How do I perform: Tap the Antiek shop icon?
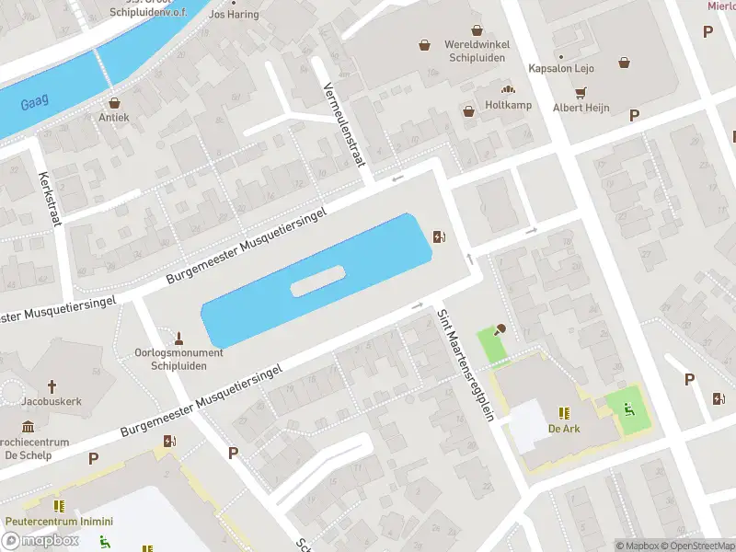tap(114, 103)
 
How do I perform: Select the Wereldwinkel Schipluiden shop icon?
tap(424, 43)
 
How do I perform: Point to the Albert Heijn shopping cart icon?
tap(581, 93)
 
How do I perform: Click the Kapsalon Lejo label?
tap(560, 68)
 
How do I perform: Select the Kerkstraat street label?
tap(47, 201)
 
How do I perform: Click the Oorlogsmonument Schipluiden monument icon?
tap(180, 336)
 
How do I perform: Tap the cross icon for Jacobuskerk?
tap(52, 387)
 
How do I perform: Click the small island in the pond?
tap(317, 281)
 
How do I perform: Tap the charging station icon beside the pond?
tap(440, 237)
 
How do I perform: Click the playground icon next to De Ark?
tap(629, 408)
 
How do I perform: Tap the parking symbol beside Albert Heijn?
tap(634, 115)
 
